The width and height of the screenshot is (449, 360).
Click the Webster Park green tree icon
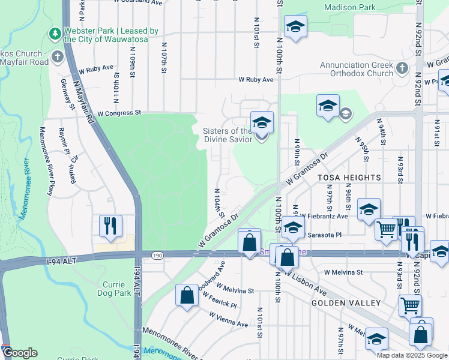point(55,31)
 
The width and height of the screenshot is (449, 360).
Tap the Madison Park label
point(350,7)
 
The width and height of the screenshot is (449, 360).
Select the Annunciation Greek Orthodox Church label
point(356,70)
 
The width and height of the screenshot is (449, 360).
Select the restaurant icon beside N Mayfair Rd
point(110,226)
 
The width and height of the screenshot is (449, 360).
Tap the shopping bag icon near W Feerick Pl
point(187,295)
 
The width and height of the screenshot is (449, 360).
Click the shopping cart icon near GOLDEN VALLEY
point(410,305)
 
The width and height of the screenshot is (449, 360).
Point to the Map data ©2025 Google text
point(411,355)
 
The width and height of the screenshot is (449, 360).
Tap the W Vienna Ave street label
point(229,320)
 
